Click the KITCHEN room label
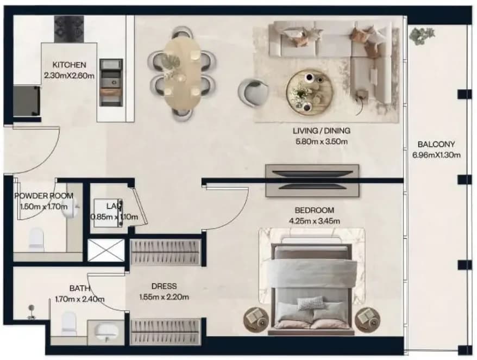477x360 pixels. [70, 65]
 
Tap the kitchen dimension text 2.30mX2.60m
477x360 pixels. [70, 76]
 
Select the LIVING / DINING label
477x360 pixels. [322, 131]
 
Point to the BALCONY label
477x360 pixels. [436, 144]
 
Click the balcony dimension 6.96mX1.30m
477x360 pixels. [436, 155]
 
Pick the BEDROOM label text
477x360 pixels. [314, 210]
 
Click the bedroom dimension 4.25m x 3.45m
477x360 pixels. [314, 221]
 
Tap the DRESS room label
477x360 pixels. [164, 286]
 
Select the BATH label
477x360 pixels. [80, 288]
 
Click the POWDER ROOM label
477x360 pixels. [44, 196]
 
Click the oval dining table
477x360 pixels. [182, 73]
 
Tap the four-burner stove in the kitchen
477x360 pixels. [69, 29]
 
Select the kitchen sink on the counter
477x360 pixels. [111, 82]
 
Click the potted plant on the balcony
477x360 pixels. [422, 36]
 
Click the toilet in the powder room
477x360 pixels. [36, 239]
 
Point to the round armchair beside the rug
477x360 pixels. [253, 92]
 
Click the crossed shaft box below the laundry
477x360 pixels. [106, 250]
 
